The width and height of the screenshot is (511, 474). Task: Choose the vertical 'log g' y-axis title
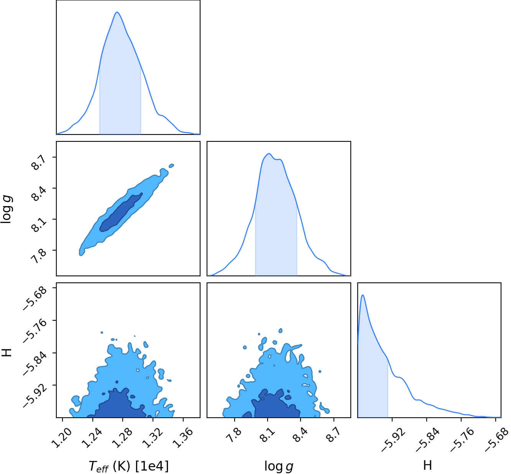pyautogui.click(x=6, y=209)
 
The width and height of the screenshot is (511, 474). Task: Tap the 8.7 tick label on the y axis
pyautogui.click(x=39, y=163)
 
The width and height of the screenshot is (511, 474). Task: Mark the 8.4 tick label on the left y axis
pyautogui.click(x=39, y=194)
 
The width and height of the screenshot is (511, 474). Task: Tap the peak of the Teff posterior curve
pyautogui.click(x=117, y=12)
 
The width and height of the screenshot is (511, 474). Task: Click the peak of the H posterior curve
pyautogui.click(x=363, y=295)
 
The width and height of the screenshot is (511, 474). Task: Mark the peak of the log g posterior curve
pyautogui.click(x=269, y=154)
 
